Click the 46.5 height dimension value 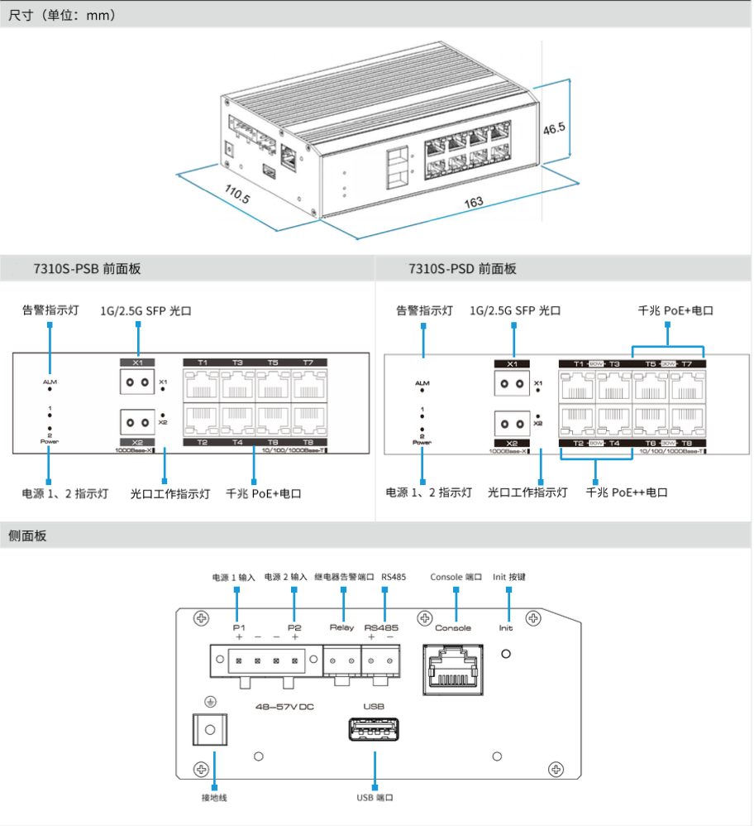click(554, 128)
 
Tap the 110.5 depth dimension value click(237, 195)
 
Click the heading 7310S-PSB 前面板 click(87, 269)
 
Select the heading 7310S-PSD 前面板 click(462, 269)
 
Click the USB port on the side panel click(375, 732)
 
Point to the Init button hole click(506, 654)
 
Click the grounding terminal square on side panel click(210, 730)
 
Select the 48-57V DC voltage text click(284, 707)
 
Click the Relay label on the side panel click(341, 627)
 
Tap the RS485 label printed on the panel click(381, 627)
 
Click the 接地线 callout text click(214, 797)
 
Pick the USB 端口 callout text click(375, 797)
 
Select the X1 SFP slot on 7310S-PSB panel click(137, 382)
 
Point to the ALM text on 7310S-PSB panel click(50, 382)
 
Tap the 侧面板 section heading click(27, 536)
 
